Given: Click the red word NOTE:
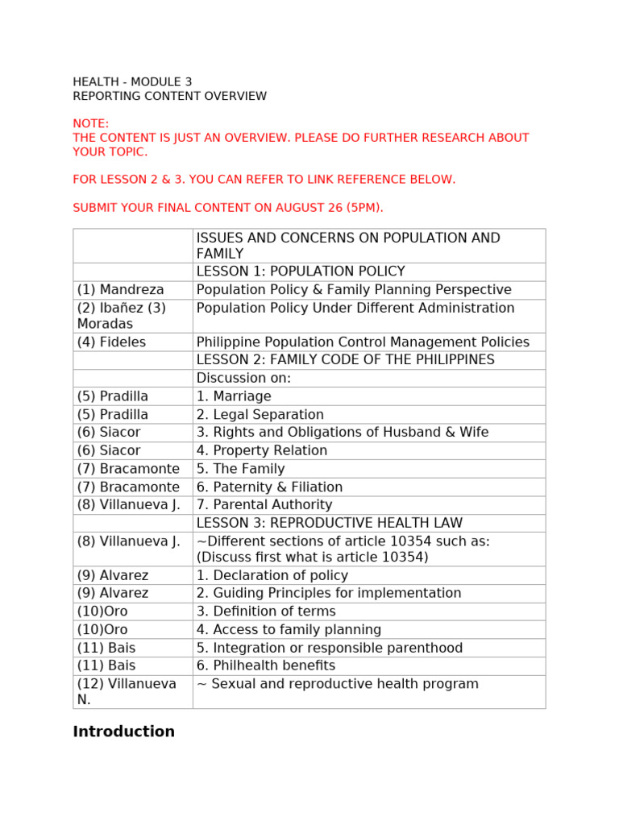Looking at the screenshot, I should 90,123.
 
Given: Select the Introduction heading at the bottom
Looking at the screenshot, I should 123,732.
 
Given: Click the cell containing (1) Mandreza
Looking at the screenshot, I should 121,290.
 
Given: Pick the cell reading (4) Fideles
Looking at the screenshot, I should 112,342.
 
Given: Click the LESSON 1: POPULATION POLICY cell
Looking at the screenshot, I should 301,272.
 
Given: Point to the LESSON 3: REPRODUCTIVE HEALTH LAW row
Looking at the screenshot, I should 340,524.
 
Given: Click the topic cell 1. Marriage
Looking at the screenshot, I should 234,396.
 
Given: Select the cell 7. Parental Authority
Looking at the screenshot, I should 264,505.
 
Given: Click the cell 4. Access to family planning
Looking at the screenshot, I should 289,630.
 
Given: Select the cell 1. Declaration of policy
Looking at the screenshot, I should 272,575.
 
